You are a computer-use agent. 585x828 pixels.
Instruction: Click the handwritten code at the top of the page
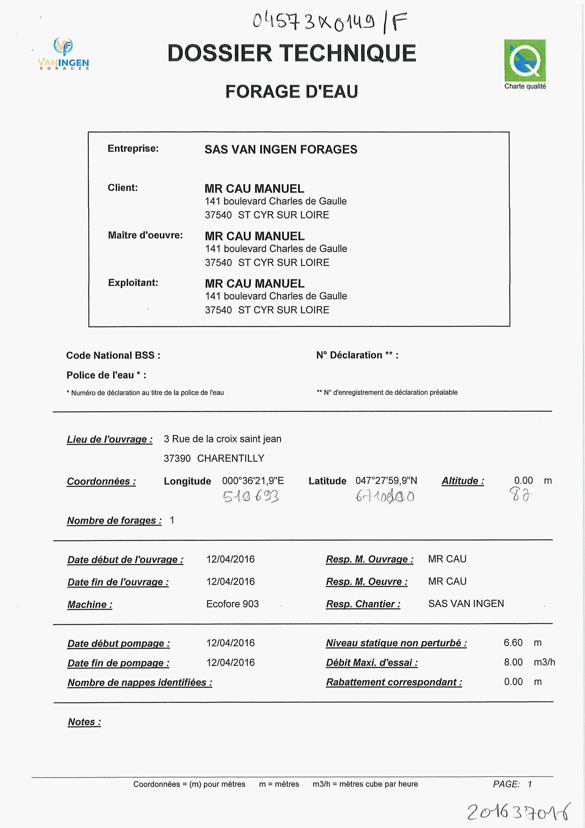click(330, 22)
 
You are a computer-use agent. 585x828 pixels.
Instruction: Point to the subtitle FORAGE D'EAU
click(292, 92)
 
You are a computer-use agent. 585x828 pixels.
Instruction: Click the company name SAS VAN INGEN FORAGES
click(281, 149)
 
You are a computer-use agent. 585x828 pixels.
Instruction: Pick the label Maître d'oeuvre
click(145, 236)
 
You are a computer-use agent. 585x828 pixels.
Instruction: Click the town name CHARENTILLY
click(231, 458)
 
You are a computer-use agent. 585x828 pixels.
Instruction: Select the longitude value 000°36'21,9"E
click(253, 481)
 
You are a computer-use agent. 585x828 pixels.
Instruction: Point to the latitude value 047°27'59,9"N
click(386, 481)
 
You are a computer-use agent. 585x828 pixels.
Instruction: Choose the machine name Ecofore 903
click(233, 604)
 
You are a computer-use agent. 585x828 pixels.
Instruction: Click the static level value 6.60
click(513, 643)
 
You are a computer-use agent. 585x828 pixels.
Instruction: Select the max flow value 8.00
click(513, 662)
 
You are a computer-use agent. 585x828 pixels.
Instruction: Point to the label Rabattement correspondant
click(394, 682)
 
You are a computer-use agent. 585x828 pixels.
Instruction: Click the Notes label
click(84, 722)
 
